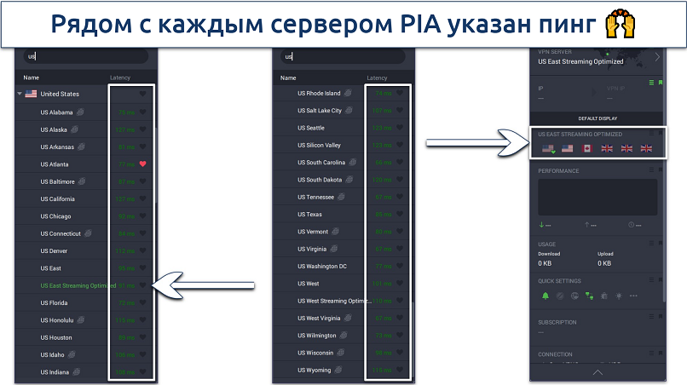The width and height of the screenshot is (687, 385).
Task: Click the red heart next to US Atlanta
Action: pyautogui.click(x=143, y=164)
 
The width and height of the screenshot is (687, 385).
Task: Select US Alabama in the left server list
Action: pyautogui.click(x=57, y=112)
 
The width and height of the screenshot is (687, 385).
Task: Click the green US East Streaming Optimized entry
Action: pyautogui.click(x=78, y=285)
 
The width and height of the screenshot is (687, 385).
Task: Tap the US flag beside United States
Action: pyautogui.click(x=32, y=94)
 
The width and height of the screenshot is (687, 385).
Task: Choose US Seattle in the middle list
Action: pyautogui.click(x=310, y=128)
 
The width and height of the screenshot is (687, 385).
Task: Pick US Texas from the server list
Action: pyautogui.click(x=309, y=215)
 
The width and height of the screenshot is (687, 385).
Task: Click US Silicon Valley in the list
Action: pyautogui.click(x=320, y=146)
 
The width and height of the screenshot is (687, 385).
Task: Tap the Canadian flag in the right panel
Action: pyautogui.click(x=586, y=149)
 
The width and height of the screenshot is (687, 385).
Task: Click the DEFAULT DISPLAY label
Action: pyautogui.click(x=597, y=118)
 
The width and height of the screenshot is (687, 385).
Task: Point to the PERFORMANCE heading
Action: pyautogui.click(x=558, y=170)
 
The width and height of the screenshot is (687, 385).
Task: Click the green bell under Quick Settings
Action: pyautogui.click(x=546, y=296)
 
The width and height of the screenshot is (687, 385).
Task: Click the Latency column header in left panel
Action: pyautogui.click(x=120, y=78)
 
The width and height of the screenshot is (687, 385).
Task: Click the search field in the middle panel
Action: pyautogui.click(x=345, y=57)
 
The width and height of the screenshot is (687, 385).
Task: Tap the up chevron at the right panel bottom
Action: pyautogui.click(x=597, y=372)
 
